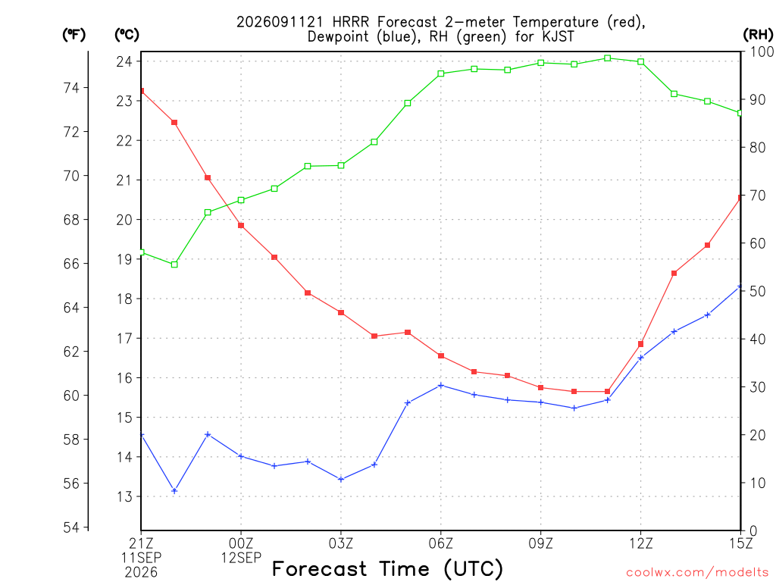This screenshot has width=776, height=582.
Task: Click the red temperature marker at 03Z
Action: coord(341,313)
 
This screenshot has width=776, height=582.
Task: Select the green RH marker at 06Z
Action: coord(441,74)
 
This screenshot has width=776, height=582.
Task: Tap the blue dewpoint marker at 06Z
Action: coord(441,386)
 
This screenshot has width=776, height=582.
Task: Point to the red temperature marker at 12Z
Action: coord(641,344)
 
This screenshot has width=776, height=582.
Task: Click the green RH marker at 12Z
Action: coord(641,62)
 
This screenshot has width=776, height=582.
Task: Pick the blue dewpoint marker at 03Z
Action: coord(341,479)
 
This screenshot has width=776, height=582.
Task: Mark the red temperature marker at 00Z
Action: coord(241,226)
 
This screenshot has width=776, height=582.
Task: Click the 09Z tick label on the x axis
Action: coord(541,544)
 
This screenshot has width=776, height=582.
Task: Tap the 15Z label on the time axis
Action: coord(740,544)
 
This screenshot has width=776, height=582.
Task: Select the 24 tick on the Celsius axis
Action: coord(124,61)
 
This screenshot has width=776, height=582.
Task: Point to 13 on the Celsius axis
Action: coord(124,496)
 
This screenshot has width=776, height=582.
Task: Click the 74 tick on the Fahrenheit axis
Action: coord(71,88)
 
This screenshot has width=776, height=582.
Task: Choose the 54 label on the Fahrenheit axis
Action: coord(71,527)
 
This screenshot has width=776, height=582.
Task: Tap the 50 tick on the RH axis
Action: coord(757,292)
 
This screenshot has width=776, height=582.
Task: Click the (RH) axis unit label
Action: coord(758,35)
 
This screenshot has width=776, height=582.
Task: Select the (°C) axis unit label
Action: coord(127,35)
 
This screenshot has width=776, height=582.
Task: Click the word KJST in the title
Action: coord(555,36)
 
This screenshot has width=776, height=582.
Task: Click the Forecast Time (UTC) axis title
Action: coord(387,569)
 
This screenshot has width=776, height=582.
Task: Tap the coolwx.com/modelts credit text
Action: coord(697,573)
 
